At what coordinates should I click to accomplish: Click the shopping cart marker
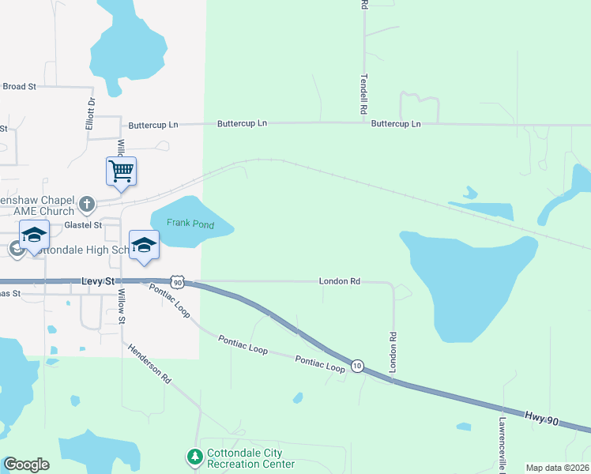121,171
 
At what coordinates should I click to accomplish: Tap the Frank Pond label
186,224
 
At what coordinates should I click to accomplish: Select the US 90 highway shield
179,281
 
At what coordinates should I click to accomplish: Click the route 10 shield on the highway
358,366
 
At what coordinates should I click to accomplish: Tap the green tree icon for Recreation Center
194,457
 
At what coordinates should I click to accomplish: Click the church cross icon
87,205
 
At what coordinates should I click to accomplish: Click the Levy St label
99,281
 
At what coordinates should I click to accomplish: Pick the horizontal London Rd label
340,281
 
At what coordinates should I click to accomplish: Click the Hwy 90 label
542,417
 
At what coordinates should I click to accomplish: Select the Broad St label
20,86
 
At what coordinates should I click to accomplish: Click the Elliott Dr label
90,114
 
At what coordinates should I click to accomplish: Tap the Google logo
26,465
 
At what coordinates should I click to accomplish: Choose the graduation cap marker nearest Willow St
144,245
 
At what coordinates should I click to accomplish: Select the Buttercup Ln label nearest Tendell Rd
396,124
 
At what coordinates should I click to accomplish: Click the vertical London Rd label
392,352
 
